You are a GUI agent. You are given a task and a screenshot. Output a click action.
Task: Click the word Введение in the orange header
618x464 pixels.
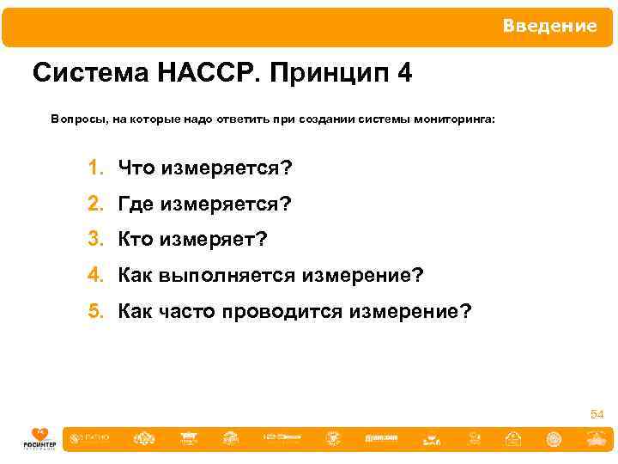[549, 26]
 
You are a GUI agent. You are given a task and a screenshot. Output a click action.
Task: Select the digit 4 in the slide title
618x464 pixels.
[404, 74]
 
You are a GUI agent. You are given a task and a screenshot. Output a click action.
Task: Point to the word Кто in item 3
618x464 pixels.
[135, 240]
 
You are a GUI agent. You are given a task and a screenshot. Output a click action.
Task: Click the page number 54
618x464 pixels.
[597, 415]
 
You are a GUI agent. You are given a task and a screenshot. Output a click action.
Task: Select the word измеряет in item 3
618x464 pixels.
[209, 240]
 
